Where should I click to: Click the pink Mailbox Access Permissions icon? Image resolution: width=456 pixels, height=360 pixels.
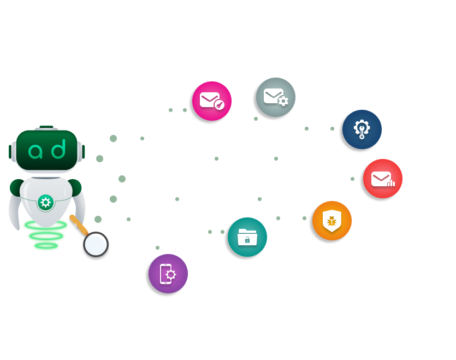click(212, 101)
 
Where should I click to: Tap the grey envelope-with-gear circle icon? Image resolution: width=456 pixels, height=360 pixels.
click(276, 97)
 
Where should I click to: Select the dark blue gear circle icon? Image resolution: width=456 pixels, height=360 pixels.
click(362, 129)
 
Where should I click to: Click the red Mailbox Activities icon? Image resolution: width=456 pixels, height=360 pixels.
click(383, 179)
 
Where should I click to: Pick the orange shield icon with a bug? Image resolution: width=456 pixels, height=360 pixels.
click(331, 221)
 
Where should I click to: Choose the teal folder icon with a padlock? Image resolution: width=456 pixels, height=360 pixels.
click(247, 237)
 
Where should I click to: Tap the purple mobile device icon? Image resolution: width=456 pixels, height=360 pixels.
click(168, 274)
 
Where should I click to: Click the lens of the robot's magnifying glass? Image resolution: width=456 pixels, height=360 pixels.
click(96, 244)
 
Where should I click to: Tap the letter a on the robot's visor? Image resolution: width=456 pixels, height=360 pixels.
click(37, 149)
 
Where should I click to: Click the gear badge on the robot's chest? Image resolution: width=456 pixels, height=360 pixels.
click(45, 203)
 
